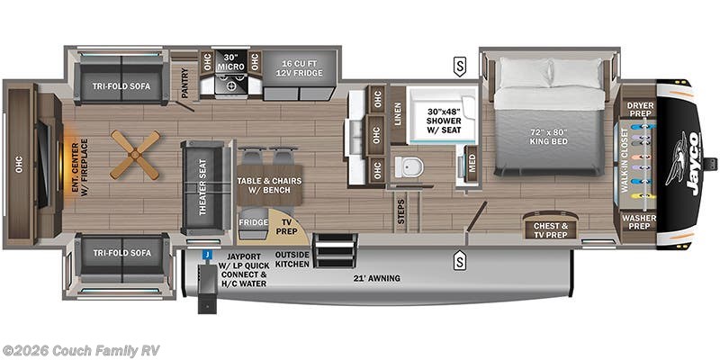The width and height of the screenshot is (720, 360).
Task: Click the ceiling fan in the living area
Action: point(135,155)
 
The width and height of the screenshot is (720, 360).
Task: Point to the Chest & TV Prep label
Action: point(551,229)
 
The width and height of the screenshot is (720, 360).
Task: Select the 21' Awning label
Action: point(376,278)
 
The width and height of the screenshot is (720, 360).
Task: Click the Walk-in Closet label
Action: point(625,166)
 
